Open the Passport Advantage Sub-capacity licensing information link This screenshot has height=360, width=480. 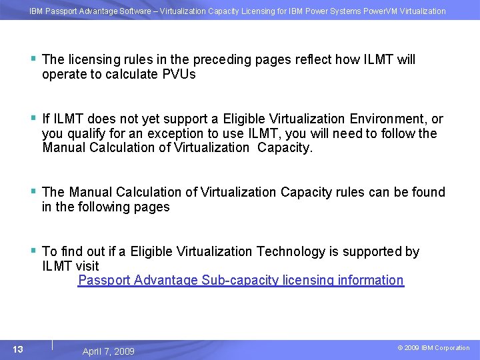(x=241, y=280)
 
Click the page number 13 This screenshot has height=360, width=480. (x=18, y=349)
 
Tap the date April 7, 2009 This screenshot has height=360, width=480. (x=108, y=351)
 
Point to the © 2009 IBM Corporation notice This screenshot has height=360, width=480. (x=433, y=348)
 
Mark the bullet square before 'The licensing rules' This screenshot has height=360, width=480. (x=33, y=58)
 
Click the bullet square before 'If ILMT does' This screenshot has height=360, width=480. (x=33, y=118)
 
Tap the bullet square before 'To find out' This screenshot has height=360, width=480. (x=33, y=250)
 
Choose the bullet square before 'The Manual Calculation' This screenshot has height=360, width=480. (x=33, y=191)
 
